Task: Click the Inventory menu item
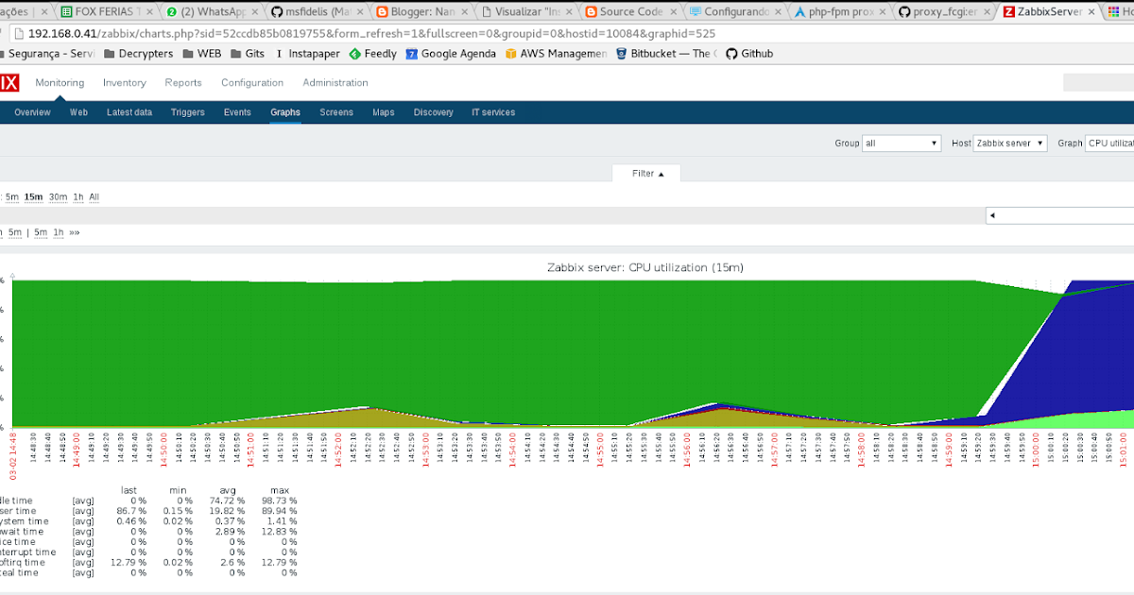(x=125, y=83)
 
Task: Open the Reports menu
(x=183, y=83)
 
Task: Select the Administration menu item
(x=335, y=83)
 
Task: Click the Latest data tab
(x=129, y=112)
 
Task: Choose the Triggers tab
(x=188, y=112)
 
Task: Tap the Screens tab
(x=336, y=112)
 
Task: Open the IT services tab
(x=493, y=112)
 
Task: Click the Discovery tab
(x=434, y=112)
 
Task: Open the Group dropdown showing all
(x=902, y=144)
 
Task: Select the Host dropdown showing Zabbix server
(x=1010, y=144)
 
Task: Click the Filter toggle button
(x=647, y=174)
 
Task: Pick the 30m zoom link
(x=59, y=197)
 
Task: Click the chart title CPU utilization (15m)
(x=645, y=268)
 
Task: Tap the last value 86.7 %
(x=131, y=512)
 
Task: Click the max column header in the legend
(x=279, y=489)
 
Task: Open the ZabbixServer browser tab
(x=1049, y=12)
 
